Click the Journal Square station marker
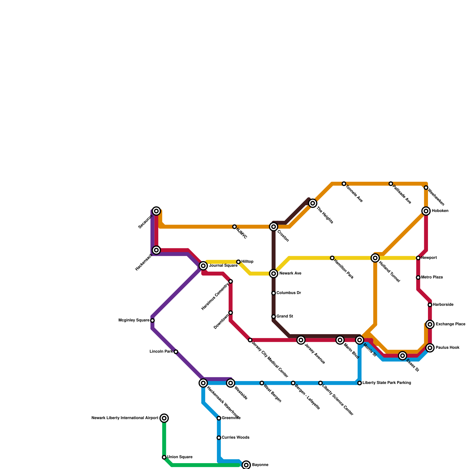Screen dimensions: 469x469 [x=203, y=266]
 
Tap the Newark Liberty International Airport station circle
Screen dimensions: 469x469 [x=164, y=418]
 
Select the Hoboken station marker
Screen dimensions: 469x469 [x=426, y=211]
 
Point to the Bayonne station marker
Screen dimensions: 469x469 [x=247, y=465]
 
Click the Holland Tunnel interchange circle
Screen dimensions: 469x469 [x=375, y=258]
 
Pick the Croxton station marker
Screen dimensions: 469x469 [x=273, y=227]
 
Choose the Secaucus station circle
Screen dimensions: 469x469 [x=157, y=211]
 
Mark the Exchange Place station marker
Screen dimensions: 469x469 [x=430, y=324]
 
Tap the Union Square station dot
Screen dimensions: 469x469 [x=164, y=457]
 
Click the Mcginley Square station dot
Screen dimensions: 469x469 [x=152, y=320]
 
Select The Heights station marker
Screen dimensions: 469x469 [x=313, y=203]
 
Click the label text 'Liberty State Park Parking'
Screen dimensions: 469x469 [x=386, y=383]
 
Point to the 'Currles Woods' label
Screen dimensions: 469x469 [x=235, y=438]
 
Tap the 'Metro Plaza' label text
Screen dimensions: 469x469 [x=432, y=277]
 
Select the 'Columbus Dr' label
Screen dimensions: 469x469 [x=288, y=293]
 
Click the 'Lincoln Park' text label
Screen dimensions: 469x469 [x=161, y=351]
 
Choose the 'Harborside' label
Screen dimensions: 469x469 [x=443, y=305]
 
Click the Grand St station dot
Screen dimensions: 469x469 [x=273, y=317]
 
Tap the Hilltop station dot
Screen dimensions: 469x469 [x=239, y=262]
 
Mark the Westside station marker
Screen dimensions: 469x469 [x=231, y=383]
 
